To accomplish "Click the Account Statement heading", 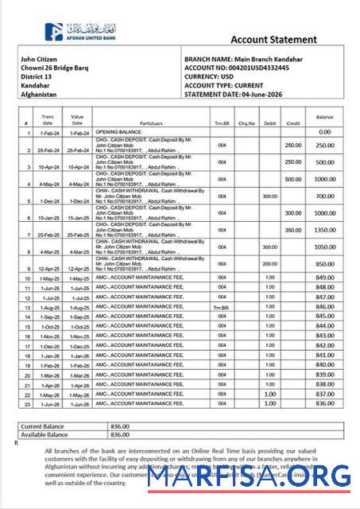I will click(x=273, y=40).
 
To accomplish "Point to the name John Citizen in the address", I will click(x=38, y=60).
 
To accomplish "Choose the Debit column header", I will click(x=269, y=124).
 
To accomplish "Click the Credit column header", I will click(x=293, y=124).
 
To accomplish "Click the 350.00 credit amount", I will click(x=293, y=230).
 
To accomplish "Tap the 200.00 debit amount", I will click(x=269, y=264).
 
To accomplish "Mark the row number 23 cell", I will click(x=26, y=403).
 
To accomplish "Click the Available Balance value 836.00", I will click(x=120, y=434).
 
